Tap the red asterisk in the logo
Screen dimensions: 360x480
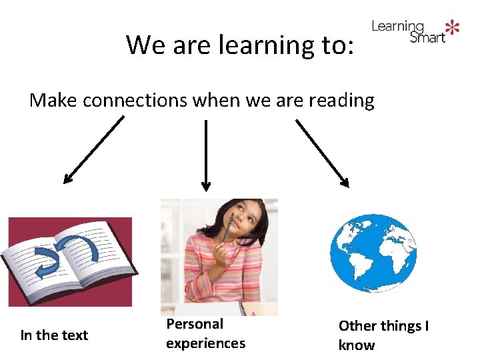pos(453,27)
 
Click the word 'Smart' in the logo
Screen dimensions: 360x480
pos(427,37)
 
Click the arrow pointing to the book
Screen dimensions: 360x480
pos(93,149)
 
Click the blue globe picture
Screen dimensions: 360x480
pos(373,253)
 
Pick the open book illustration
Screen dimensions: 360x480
pos(69,261)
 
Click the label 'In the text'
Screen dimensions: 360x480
pos(54,335)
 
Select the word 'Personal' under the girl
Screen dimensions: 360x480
pos(195,324)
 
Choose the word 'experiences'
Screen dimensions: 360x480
pos(205,343)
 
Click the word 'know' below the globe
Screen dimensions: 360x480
pos(356,345)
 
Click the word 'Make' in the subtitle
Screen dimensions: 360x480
pos(53,100)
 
